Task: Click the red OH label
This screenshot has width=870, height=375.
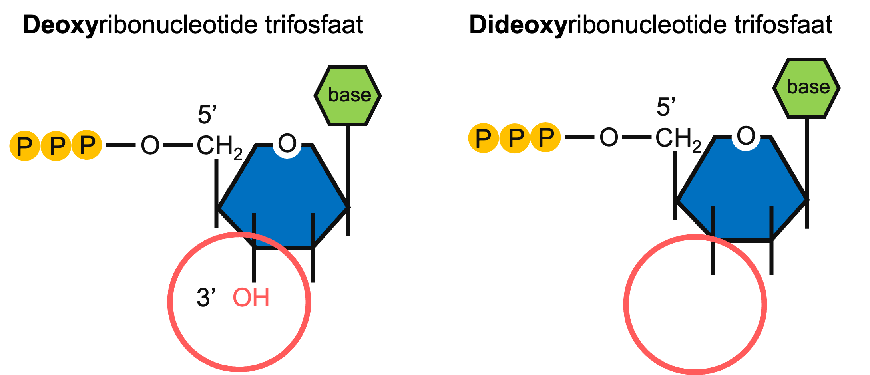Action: click(x=251, y=298)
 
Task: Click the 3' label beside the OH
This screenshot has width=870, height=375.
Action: click(x=206, y=298)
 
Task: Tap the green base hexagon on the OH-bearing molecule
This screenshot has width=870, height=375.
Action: click(x=348, y=95)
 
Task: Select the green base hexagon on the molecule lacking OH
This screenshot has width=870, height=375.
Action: click(x=807, y=88)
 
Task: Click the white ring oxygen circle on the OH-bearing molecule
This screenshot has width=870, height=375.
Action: click(x=287, y=143)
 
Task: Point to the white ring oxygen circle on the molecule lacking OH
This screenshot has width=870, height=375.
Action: click(x=746, y=136)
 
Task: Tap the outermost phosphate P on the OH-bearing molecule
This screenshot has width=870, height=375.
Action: click(x=25, y=146)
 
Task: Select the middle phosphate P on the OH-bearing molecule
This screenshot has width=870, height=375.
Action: click(x=56, y=146)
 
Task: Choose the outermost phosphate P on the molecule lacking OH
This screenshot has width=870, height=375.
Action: click(x=484, y=138)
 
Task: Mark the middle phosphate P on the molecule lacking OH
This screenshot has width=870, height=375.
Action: click(x=515, y=138)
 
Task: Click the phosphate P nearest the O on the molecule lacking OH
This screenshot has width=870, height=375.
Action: click(x=546, y=137)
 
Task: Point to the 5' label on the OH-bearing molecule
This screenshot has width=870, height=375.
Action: click(x=207, y=115)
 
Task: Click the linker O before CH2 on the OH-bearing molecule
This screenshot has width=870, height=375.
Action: click(x=150, y=145)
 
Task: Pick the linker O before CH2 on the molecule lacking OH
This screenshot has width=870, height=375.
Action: click(x=609, y=137)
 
